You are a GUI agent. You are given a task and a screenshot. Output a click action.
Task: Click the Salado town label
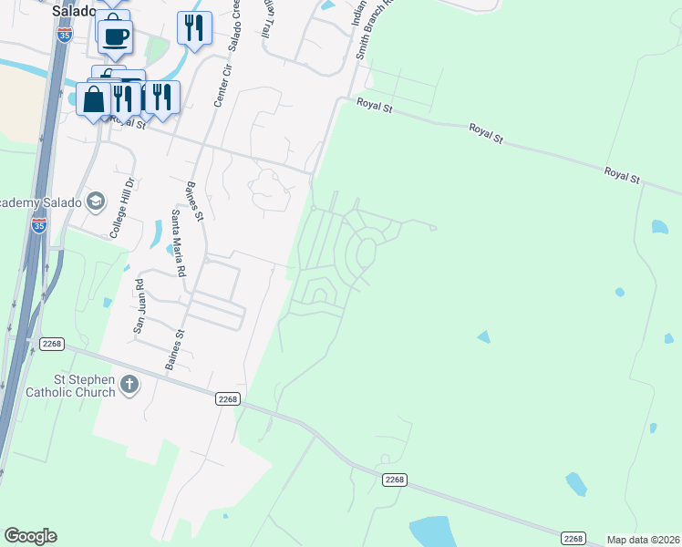(74, 11)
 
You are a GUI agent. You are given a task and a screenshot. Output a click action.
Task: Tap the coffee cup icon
(115, 36)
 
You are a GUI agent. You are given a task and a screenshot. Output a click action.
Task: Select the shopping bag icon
(95, 99)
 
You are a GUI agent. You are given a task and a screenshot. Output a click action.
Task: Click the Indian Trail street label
(267, 18)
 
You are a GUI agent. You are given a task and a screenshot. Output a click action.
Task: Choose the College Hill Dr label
(122, 207)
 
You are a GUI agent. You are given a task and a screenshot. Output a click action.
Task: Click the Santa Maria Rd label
(179, 243)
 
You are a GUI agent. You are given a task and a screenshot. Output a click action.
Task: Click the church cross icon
(129, 385)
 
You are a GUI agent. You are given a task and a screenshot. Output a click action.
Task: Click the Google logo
(30, 536)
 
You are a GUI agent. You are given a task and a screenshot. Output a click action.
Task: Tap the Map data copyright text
(643, 540)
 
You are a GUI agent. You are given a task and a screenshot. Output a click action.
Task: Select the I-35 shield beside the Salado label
(64, 35)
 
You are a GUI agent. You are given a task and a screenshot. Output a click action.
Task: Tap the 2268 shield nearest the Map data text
(573, 538)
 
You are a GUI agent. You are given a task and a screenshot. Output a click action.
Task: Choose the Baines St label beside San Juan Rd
(173, 349)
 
